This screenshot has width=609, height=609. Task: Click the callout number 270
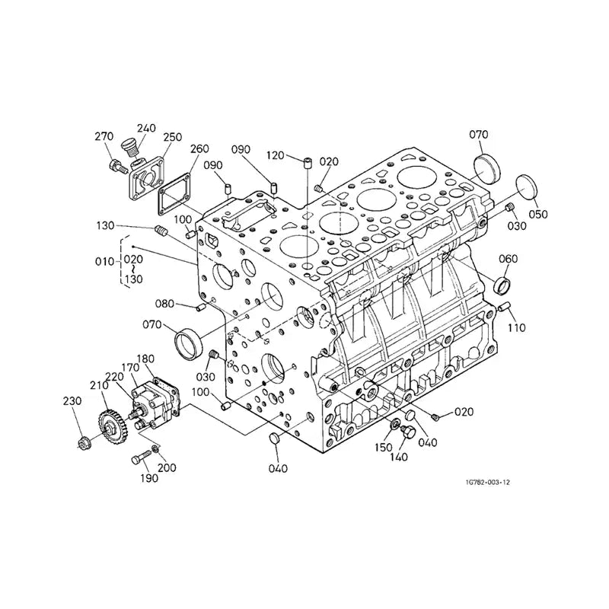[x=104, y=137]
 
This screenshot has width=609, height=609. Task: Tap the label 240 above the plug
[x=145, y=129]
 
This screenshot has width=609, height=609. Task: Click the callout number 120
[x=275, y=156]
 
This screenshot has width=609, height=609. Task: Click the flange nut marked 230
[x=84, y=442]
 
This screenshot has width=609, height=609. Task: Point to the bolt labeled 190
[x=139, y=458]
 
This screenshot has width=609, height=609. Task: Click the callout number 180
[x=146, y=359]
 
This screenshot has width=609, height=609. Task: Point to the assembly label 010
[x=104, y=262]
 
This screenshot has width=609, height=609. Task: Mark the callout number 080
[x=165, y=304]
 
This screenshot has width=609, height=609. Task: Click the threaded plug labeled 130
[x=161, y=231]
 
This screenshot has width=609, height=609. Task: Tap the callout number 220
[x=114, y=376]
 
